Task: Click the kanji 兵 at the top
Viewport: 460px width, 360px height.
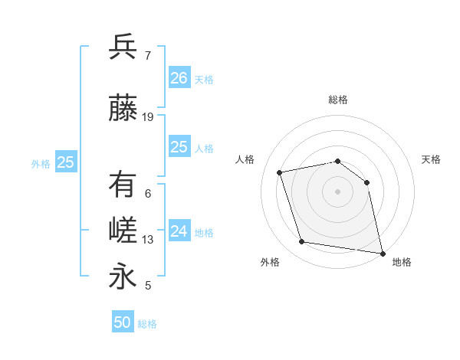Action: (x=123, y=47)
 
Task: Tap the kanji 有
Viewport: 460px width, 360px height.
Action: (x=123, y=185)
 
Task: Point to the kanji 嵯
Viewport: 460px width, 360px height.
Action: (x=123, y=231)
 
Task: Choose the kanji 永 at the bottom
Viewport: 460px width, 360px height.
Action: (x=123, y=276)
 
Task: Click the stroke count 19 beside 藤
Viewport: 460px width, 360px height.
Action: (x=148, y=117)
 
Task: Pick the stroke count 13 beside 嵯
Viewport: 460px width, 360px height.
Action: (x=148, y=240)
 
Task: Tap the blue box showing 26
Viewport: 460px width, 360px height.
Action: (x=179, y=77)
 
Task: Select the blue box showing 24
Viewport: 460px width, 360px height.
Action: (x=179, y=231)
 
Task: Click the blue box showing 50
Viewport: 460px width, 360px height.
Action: (x=123, y=322)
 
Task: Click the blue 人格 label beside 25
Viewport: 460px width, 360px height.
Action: (x=205, y=148)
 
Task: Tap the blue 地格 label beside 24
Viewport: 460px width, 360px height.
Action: (x=205, y=232)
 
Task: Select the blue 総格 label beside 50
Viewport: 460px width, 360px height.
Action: (x=147, y=324)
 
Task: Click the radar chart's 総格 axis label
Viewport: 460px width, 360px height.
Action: (x=337, y=100)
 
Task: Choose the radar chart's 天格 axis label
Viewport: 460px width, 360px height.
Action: (x=432, y=159)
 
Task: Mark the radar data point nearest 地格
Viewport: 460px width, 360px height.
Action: (x=381, y=252)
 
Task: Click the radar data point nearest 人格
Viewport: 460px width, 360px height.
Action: (x=280, y=172)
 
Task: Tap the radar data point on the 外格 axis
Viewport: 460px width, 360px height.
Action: (x=302, y=242)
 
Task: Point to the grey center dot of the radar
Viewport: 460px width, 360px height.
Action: (x=337, y=191)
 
